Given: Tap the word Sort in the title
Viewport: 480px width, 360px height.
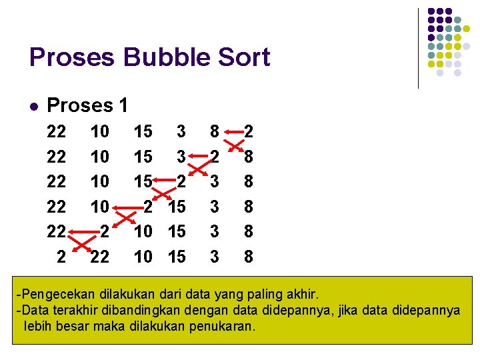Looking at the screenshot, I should (244, 57).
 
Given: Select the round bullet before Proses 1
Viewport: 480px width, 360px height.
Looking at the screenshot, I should (33, 106).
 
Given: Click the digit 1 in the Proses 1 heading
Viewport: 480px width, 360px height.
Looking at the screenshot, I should (122, 105).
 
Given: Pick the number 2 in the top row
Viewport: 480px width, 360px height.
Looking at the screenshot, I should (248, 131).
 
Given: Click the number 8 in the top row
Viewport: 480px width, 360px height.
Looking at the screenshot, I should (214, 131).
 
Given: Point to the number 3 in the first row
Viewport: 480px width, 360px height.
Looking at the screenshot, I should (180, 131).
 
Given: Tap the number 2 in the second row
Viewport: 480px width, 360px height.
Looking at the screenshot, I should (214, 156).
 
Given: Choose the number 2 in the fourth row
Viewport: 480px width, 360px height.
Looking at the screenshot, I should (149, 206).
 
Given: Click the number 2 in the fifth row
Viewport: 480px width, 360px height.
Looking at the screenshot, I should (103, 231).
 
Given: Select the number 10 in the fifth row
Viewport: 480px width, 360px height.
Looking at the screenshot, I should (143, 231).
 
